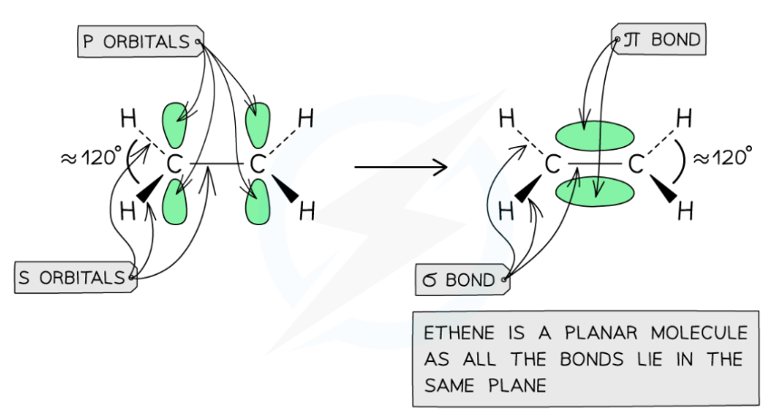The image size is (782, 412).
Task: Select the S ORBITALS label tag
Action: pos(75,278)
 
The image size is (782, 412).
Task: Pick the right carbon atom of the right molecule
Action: pos(636,165)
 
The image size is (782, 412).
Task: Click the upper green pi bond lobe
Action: pos(594,137)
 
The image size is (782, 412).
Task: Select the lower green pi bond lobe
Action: pos(594,192)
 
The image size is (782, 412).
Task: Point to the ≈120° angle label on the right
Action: pos(721,156)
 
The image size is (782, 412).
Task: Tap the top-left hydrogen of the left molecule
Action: pos(129,118)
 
